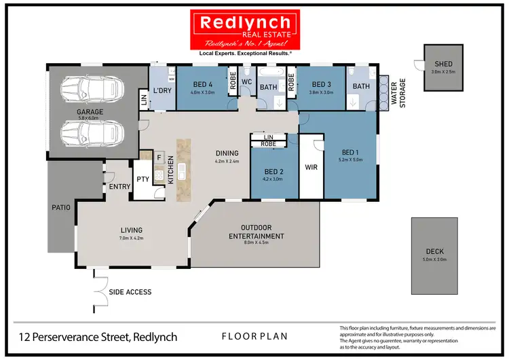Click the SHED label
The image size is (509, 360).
coord(443,65)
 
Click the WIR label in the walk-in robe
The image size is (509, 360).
coord(312,166)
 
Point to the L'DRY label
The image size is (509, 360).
coord(162,90)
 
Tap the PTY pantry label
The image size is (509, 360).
coord(143,179)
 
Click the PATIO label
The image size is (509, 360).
coord(61,207)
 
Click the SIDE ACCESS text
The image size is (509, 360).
coord(130,292)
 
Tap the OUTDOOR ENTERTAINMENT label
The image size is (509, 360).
coord(257,232)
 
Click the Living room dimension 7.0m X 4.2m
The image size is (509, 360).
coord(132,238)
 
